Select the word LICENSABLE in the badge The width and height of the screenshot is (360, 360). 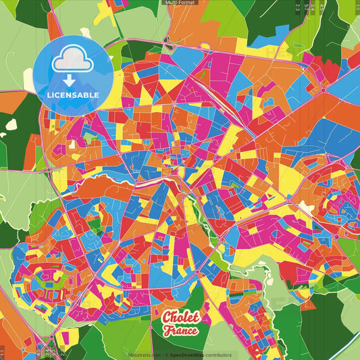pos(74,95)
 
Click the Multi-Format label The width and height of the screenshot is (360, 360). pos(180,3)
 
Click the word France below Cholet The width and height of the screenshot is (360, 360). pos(180,331)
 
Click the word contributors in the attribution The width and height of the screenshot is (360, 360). pos(217,355)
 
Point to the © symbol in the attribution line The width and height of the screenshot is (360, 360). pos(165,355)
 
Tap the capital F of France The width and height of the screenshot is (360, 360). pos(167,331)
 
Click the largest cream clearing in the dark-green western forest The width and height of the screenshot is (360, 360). pos(11,124)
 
